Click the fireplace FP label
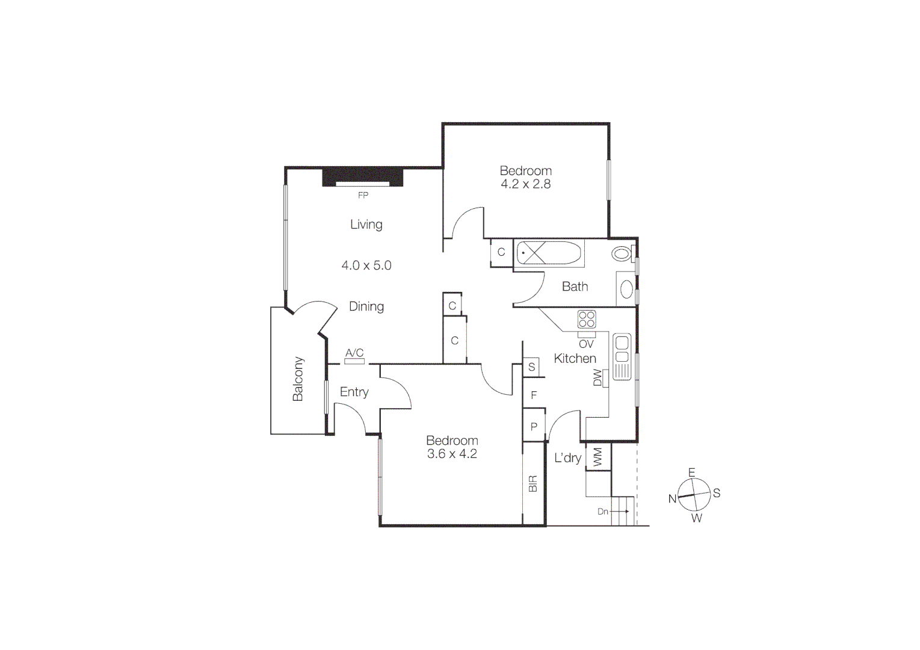(x=363, y=196)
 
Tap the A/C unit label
(x=354, y=353)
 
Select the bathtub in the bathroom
(x=549, y=253)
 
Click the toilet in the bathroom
(x=622, y=253)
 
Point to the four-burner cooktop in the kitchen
(x=587, y=319)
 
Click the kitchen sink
(x=622, y=350)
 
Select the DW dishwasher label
(x=597, y=378)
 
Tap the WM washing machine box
(x=597, y=456)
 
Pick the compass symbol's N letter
(x=672, y=499)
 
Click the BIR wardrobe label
(x=533, y=484)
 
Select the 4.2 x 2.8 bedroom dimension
(x=525, y=184)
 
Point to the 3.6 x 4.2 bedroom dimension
(x=452, y=454)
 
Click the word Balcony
(x=298, y=379)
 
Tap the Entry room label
(x=354, y=392)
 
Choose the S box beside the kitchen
(x=531, y=367)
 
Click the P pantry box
(x=533, y=427)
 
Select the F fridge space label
(x=533, y=395)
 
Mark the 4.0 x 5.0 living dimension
(x=366, y=265)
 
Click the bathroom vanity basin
(x=626, y=289)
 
